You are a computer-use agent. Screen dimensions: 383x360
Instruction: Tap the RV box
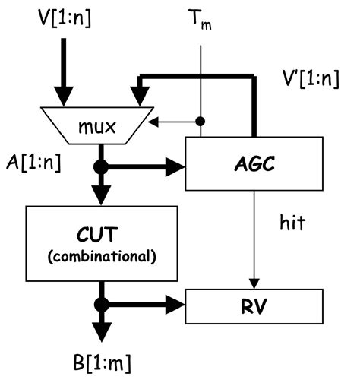[x=243, y=309]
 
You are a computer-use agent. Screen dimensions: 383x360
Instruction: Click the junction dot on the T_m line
[x=201, y=121]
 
